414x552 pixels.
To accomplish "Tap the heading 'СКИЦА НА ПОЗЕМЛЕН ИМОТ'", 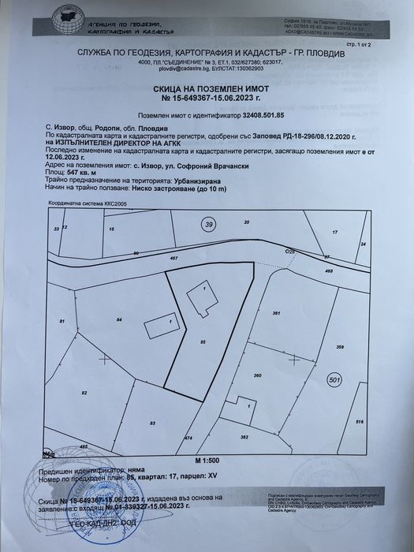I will (x=206, y=91).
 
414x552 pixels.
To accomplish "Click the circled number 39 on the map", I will (x=209, y=225).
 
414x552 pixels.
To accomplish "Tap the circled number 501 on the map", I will (x=334, y=380).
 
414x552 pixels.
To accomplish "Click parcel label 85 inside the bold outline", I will (x=203, y=341).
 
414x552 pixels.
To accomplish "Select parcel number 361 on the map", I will (x=277, y=314).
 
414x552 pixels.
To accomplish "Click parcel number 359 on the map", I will (x=340, y=347).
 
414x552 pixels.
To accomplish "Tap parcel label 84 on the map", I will (x=118, y=319).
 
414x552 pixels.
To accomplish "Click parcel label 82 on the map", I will (x=84, y=391).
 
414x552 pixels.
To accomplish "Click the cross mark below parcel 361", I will (x=293, y=358).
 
